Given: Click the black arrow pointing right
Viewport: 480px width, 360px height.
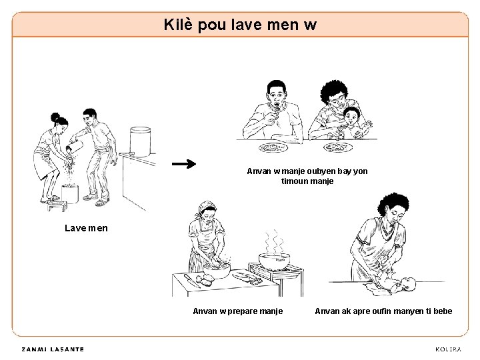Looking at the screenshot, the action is [184, 164].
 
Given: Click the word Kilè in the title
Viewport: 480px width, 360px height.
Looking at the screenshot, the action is [178, 25].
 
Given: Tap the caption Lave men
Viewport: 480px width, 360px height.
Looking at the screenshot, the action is [86, 228].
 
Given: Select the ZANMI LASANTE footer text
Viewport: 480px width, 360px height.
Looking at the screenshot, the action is [53, 349].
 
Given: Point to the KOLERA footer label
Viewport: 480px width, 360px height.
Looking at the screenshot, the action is [448, 349].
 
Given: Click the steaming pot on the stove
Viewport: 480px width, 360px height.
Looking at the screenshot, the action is [274, 261].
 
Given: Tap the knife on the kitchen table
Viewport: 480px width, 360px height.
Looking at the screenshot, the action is [191, 281].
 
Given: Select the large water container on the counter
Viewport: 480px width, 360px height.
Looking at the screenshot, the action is [140, 142].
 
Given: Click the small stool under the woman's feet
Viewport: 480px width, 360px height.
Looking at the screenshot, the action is [57, 206].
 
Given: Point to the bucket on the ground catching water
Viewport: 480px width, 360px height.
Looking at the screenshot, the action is [70, 194].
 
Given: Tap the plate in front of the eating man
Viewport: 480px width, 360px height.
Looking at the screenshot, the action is [273, 147].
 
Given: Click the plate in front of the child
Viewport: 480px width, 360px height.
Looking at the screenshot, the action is [338, 147].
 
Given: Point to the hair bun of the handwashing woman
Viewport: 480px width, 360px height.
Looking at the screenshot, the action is [55, 117].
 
